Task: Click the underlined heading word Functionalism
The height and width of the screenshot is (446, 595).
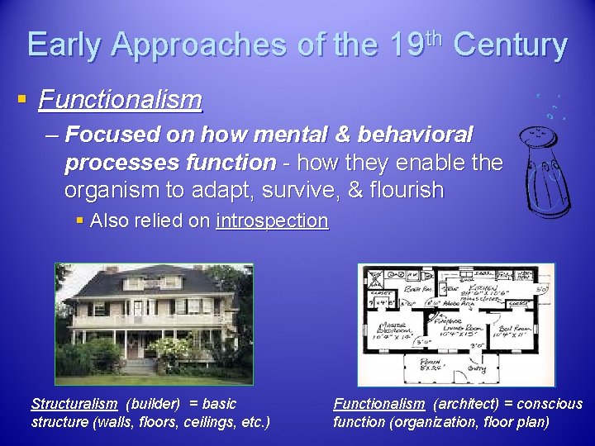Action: click(x=120, y=100)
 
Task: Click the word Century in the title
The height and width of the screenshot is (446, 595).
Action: click(x=511, y=45)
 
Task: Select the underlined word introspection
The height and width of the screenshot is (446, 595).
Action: click(x=272, y=221)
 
